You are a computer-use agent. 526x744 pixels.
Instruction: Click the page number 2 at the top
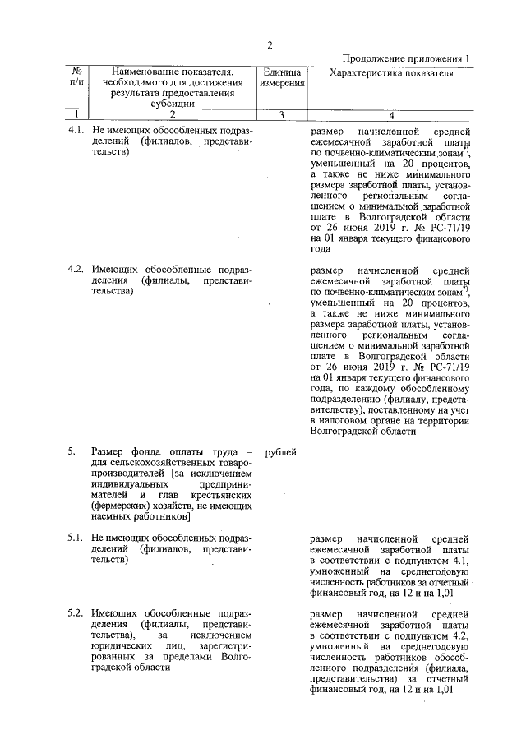(269, 44)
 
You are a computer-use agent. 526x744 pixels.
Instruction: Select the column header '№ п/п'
(76, 77)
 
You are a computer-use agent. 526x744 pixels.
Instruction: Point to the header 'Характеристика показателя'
(391, 72)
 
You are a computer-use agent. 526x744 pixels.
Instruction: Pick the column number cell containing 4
(391, 115)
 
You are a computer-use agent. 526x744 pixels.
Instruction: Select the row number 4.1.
(76, 131)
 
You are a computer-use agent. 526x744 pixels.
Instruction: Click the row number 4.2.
(76, 269)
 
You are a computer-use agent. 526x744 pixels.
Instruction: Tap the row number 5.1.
(76, 538)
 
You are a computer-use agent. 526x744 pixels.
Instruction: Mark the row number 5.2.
(76, 614)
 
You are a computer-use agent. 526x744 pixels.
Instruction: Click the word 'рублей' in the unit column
(281, 451)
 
